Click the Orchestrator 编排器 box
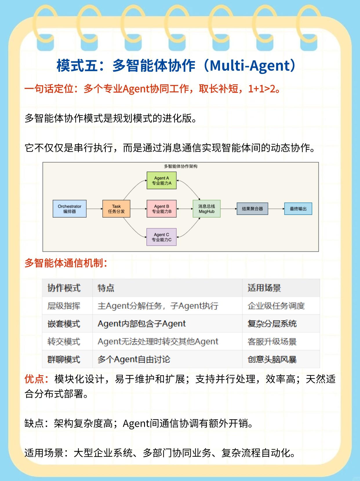[70, 209]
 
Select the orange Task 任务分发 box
[116, 209]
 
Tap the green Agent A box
[161, 181]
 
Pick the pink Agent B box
[161, 209]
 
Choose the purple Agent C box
[161, 237]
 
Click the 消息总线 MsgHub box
[207, 209]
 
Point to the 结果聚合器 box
[252, 209]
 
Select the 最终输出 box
[298, 209]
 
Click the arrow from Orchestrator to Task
[94, 209]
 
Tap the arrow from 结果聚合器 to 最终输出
[276, 209]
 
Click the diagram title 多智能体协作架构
[181, 166]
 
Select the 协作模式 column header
[64, 288]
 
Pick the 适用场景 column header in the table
[264, 288]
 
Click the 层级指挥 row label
[64, 306]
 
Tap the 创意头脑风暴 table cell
[272, 360]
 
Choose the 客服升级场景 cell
[272, 342]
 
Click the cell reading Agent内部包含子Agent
[141, 324]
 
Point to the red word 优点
[34, 379]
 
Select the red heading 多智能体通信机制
[66, 263]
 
